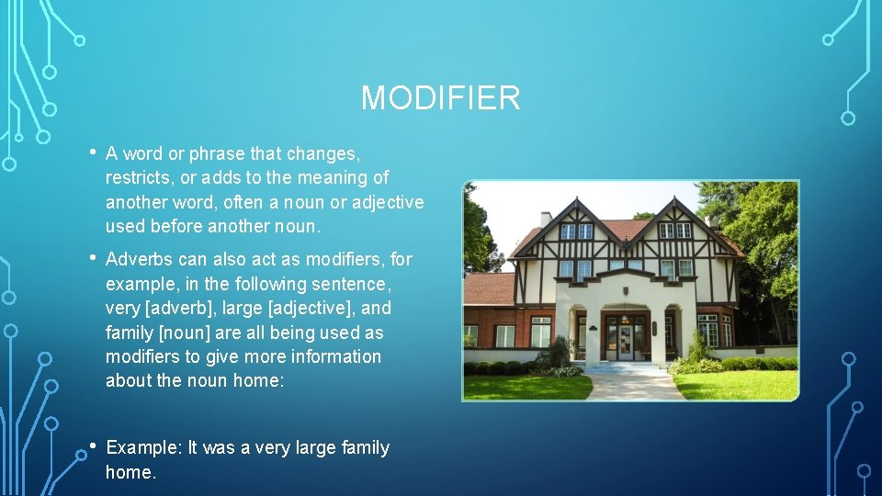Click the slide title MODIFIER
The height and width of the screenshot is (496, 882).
click(x=440, y=97)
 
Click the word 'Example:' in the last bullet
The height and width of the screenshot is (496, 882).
click(x=144, y=447)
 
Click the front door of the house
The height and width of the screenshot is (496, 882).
click(x=626, y=342)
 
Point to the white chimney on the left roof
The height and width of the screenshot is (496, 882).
click(x=545, y=219)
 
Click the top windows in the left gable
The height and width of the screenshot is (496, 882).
click(x=577, y=231)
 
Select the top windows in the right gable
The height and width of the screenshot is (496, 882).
click(x=674, y=231)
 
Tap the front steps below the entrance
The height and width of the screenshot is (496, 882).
click(x=625, y=367)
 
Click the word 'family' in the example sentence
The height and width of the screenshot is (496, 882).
click(x=365, y=447)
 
